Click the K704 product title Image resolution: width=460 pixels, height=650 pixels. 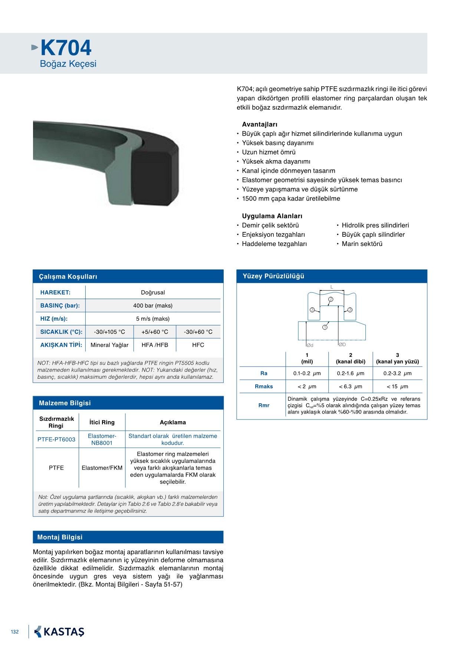pos(66,48)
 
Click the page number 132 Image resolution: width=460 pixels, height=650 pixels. pos(15,632)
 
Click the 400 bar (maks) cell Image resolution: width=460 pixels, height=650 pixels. pos(152,306)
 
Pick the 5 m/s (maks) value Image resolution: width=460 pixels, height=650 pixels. pos(152,319)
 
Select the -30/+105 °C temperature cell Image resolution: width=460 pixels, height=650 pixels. pos(109,332)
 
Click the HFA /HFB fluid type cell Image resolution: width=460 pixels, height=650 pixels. pos(155,345)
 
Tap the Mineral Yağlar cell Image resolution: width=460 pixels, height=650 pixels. pos(109,345)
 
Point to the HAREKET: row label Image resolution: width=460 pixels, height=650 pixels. pos(55,292)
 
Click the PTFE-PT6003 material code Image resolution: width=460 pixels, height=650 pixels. pos(56,440)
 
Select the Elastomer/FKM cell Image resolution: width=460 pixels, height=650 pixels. pos(102,468)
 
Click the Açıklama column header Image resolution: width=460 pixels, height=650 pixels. pos(172,422)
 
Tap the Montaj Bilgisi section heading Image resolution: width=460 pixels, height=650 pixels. pos(60,537)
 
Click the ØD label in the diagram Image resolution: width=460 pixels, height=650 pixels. pos(342,345)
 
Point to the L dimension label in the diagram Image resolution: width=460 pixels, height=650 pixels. pos(332,287)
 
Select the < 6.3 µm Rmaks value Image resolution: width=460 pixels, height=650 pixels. pos(351,387)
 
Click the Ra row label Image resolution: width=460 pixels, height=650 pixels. pos(264,374)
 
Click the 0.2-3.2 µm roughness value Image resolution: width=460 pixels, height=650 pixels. pos(397,374)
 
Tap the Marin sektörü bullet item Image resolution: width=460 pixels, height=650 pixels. pos(362,244)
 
